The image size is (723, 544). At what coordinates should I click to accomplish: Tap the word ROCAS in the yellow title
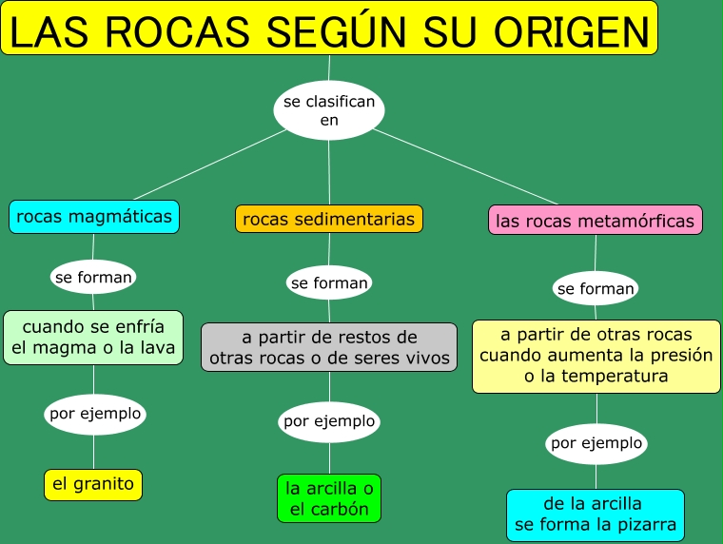(x=179, y=31)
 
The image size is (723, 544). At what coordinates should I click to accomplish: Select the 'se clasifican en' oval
(x=329, y=110)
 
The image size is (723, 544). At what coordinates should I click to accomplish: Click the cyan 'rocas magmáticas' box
(x=94, y=216)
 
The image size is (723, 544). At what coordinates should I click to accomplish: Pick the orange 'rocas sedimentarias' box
(x=329, y=220)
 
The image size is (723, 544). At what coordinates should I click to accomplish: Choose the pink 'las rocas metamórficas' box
(x=596, y=221)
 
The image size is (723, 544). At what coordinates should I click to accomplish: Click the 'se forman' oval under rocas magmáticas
(x=93, y=278)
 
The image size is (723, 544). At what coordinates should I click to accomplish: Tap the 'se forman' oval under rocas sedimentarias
(x=329, y=282)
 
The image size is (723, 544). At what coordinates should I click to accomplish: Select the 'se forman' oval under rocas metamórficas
(x=596, y=288)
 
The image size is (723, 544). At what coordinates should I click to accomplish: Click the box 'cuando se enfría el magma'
(x=93, y=338)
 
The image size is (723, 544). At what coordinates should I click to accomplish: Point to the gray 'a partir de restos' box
(x=329, y=347)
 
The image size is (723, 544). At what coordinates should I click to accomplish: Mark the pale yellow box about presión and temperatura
(x=596, y=357)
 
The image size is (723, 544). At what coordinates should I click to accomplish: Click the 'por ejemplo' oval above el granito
(x=94, y=414)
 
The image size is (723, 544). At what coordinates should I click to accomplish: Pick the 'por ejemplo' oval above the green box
(x=329, y=421)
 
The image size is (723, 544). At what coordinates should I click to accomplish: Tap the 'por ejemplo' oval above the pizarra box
(x=596, y=443)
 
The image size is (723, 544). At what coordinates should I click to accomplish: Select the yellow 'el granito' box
(x=93, y=484)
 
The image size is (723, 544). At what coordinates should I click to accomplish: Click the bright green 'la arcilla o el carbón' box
(x=329, y=498)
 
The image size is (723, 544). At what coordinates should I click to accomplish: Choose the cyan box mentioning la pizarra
(x=596, y=514)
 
